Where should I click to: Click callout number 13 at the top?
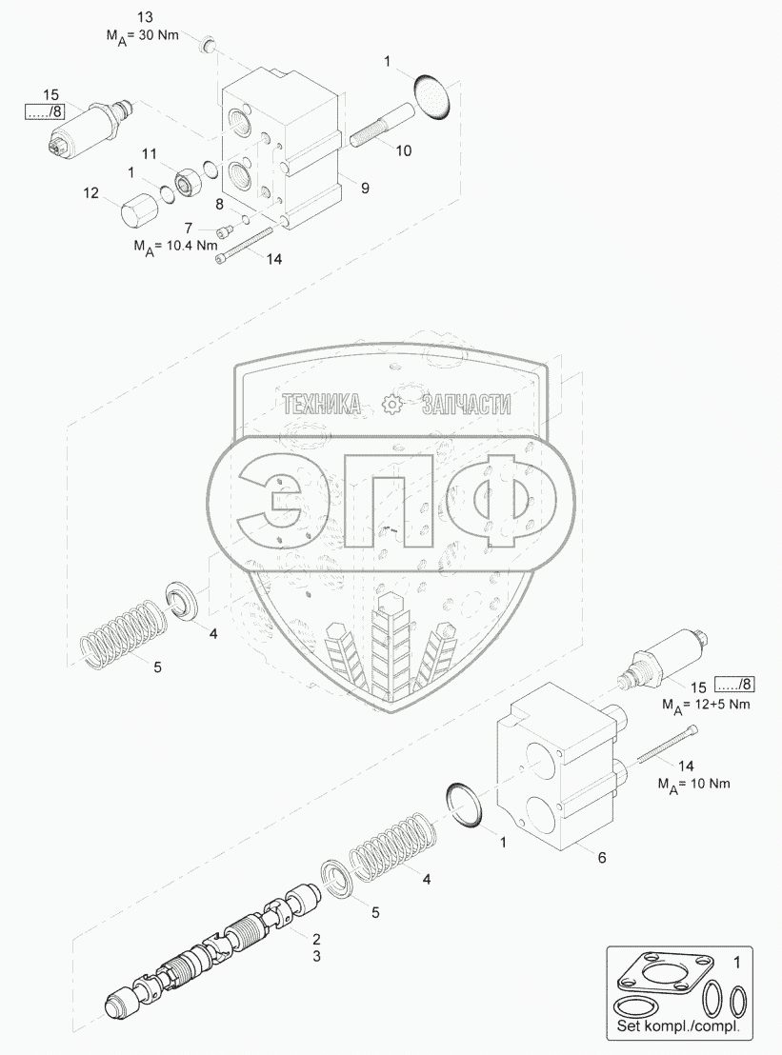click(x=145, y=19)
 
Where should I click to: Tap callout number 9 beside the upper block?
click(x=364, y=188)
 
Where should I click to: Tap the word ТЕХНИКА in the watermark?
click(x=321, y=406)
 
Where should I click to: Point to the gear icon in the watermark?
click(x=391, y=406)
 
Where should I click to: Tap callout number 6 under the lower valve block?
click(x=600, y=857)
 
